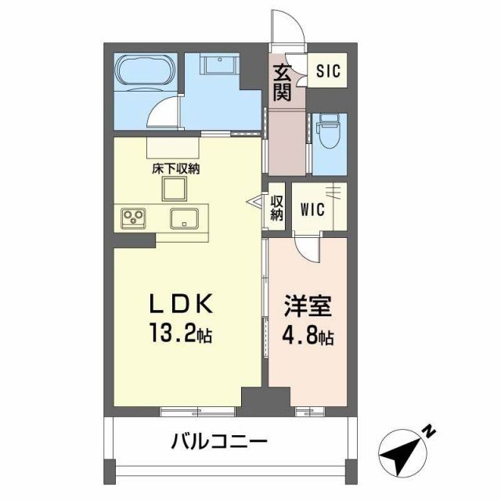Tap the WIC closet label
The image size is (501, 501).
pyautogui.click(x=313, y=211)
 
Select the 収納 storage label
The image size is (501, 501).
pyautogui.click(x=276, y=208)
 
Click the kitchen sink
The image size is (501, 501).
pyautogui.click(x=185, y=218)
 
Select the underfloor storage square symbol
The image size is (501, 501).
pyautogui.click(x=175, y=188)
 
